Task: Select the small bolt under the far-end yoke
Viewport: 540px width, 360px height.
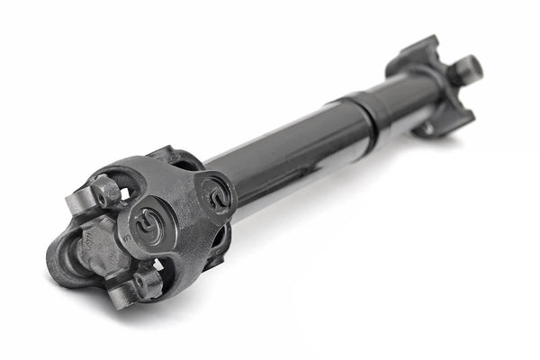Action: click(x=427, y=130)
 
